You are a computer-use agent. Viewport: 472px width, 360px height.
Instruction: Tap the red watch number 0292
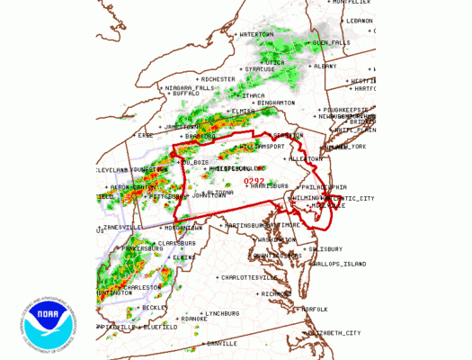[254, 183]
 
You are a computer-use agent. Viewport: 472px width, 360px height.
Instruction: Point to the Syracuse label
[261, 69]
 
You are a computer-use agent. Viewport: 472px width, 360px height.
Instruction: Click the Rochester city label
[218, 78]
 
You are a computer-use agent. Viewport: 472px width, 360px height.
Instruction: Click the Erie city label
[145, 135]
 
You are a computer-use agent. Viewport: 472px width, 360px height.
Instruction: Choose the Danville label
[222, 343]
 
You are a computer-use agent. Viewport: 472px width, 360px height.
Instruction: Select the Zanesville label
[123, 228]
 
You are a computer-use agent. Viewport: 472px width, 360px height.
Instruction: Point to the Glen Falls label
[333, 42]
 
